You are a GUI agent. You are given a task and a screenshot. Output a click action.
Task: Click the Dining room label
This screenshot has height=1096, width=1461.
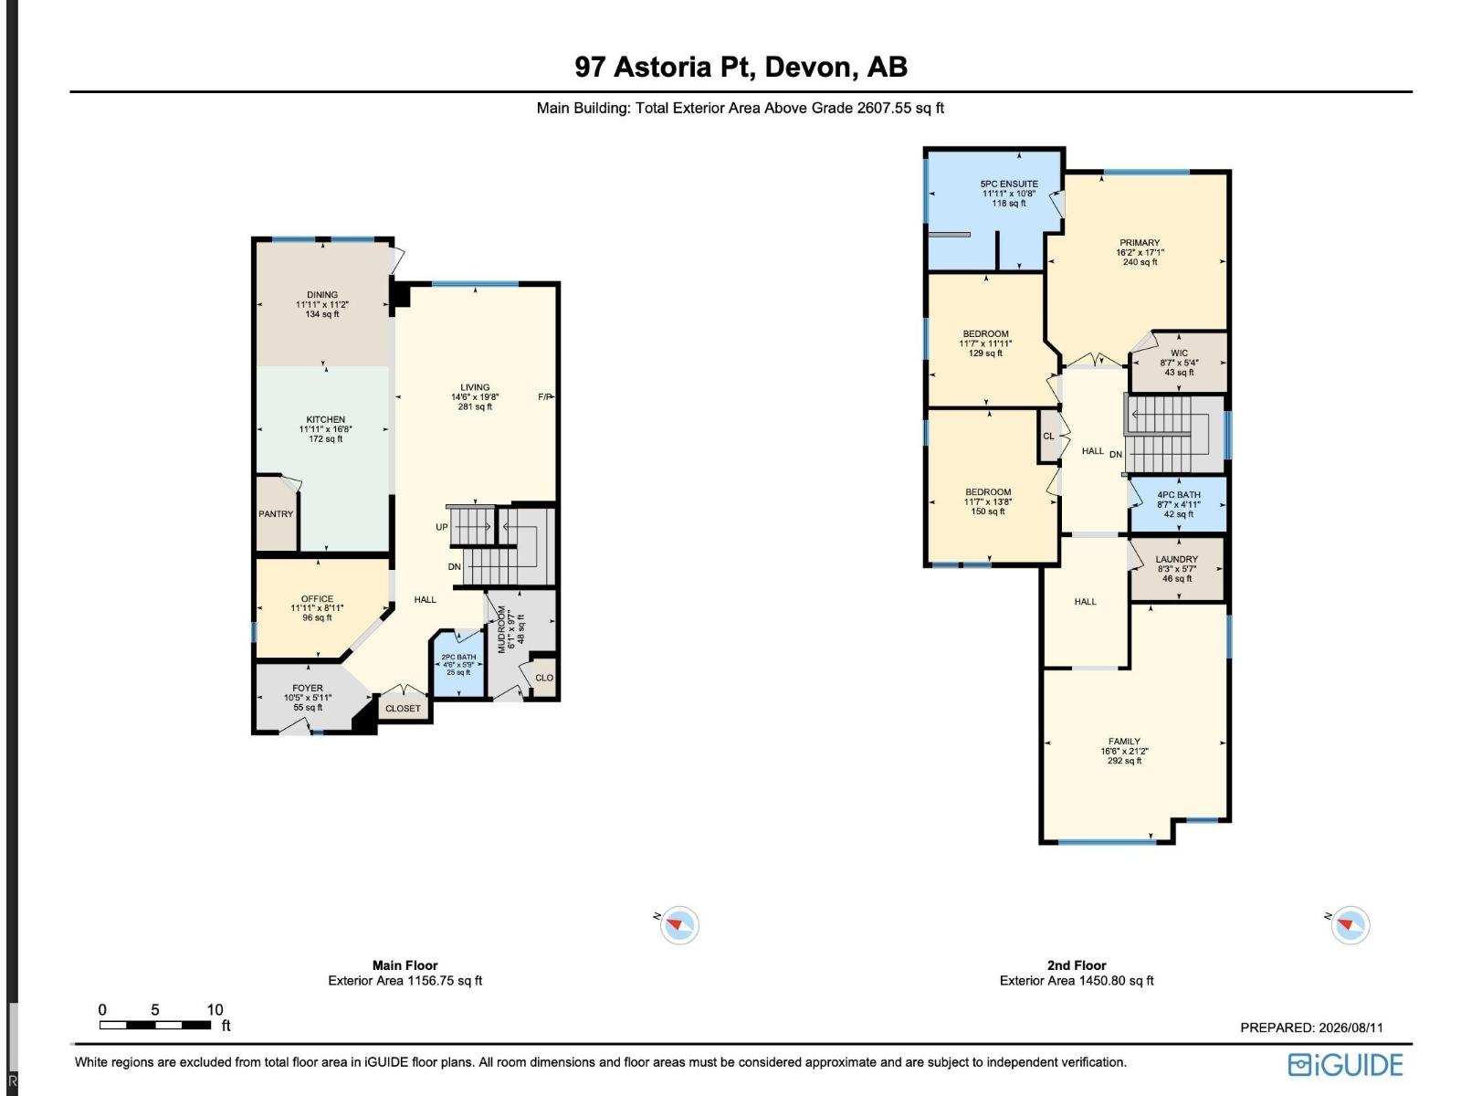pos(322,295)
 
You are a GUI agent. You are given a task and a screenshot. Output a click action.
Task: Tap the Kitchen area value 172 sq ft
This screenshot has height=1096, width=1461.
pos(325,439)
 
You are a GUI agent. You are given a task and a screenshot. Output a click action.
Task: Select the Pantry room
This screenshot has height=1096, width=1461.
pos(277,513)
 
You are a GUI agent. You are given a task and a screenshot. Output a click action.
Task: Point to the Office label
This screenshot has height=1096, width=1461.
pos(317,599)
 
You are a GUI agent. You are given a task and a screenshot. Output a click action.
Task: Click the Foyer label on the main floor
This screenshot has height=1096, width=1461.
pos(308,688)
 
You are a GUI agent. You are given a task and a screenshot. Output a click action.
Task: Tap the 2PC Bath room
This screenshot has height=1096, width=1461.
pos(458,665)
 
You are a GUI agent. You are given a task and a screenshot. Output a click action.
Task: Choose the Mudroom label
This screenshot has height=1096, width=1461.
pos(502,629)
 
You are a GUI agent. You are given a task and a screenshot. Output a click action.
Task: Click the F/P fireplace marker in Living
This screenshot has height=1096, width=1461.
pos(544,397)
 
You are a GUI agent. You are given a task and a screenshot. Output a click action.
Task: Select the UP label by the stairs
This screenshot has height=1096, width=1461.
pos(442,527)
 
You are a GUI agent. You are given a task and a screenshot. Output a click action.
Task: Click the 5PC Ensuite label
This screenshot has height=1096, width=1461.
pos(1009,184)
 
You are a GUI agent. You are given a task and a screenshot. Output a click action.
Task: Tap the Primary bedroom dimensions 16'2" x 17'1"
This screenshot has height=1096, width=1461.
pos(1140,253)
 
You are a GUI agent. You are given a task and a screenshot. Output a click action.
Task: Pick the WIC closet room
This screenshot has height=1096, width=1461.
pos(1179,363)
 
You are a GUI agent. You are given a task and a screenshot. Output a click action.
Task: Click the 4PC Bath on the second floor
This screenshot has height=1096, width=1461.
pos(1179,504)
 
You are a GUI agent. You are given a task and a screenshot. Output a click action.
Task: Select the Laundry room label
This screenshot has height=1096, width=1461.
pos(1177,560)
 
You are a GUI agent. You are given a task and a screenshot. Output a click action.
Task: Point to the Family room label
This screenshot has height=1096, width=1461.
pos(1124,742)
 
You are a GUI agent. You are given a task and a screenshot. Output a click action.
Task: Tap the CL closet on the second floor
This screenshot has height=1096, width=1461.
pos(1048,436)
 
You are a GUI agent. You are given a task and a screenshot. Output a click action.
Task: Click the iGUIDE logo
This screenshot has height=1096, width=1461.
pos(1345,1065)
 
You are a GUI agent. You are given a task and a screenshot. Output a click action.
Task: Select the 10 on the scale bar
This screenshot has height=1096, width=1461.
pos(215,1009)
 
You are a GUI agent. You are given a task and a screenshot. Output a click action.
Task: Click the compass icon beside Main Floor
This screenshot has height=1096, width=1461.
pos(679,925)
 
